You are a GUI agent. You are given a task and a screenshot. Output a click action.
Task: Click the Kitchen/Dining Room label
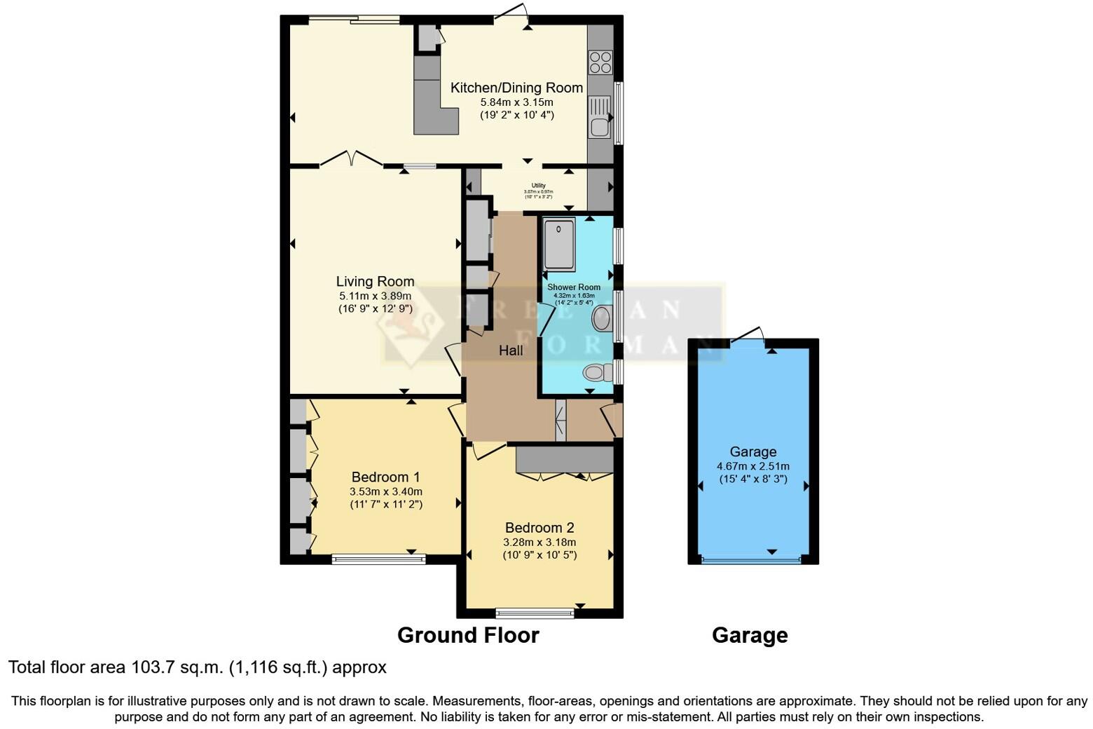pos(516,88)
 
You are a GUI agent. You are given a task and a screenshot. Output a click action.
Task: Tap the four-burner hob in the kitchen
pos(600,62)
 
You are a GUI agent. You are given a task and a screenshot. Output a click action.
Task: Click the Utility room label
pos(538,186)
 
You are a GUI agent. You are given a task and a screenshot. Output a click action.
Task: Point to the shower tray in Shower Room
pos(559,244)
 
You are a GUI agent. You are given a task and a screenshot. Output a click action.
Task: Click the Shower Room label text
pos(574,287)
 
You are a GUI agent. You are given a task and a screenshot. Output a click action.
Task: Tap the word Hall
pos(511,350)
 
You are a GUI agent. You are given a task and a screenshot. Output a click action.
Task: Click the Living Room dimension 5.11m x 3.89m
pos(375,296)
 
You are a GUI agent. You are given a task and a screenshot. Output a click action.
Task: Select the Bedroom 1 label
pos(385,477)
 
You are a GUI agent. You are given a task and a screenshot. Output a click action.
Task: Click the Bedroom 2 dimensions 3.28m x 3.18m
pos(539,542)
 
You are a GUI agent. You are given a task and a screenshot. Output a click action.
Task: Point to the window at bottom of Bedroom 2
pos(535,613)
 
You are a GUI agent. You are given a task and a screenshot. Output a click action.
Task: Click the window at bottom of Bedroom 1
pos(378,559)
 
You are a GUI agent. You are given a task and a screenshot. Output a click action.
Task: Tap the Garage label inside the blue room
pos(752,452)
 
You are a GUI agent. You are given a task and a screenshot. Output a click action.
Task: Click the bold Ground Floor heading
pos(468,635)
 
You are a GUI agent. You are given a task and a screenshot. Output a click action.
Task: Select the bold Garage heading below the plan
pos(750,635)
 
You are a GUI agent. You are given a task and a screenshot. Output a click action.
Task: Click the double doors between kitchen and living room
pos(352,161)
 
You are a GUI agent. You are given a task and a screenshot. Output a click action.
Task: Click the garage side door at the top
pos(748,335)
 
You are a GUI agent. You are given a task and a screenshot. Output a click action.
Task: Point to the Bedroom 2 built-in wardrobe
pos(564,459)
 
